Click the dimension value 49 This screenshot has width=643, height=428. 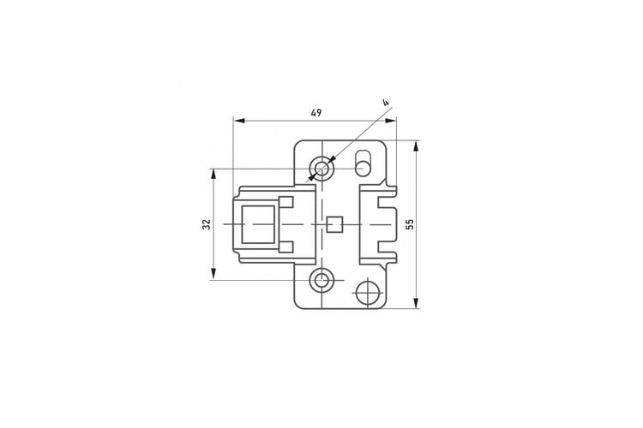point(316,113)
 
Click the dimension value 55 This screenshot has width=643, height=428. point(410,224)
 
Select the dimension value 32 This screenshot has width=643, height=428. point(207,224)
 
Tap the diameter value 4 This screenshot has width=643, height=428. point(385,103)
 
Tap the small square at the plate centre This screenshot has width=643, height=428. point(335,224)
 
